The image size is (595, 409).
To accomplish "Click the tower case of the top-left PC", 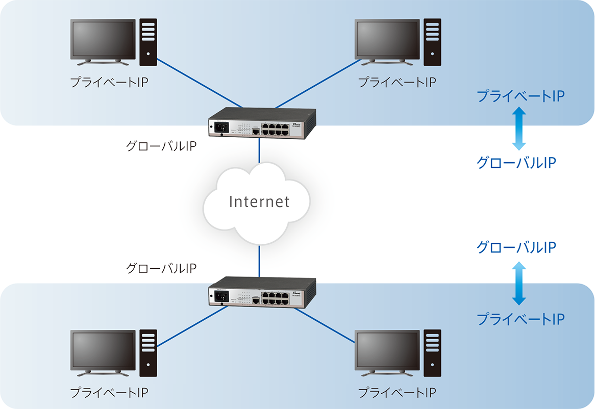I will [x=148, y=42].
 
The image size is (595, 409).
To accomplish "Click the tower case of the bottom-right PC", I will [x=433, y=353].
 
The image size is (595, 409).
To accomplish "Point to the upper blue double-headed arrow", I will [x=518, y=129].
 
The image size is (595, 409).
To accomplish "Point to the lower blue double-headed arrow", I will [x=518, y=284].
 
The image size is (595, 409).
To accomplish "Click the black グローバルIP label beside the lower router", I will [x=161, y=268].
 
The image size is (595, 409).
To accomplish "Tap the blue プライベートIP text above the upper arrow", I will [x=520, y=96].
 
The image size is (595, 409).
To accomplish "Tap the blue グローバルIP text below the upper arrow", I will [x=516, y=163].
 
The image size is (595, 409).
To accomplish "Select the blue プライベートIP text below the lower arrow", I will [x=520, y=319].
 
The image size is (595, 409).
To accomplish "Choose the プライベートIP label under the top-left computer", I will [x=109, y=82].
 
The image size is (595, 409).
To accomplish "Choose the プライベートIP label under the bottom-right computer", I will [x=396, y=393].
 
